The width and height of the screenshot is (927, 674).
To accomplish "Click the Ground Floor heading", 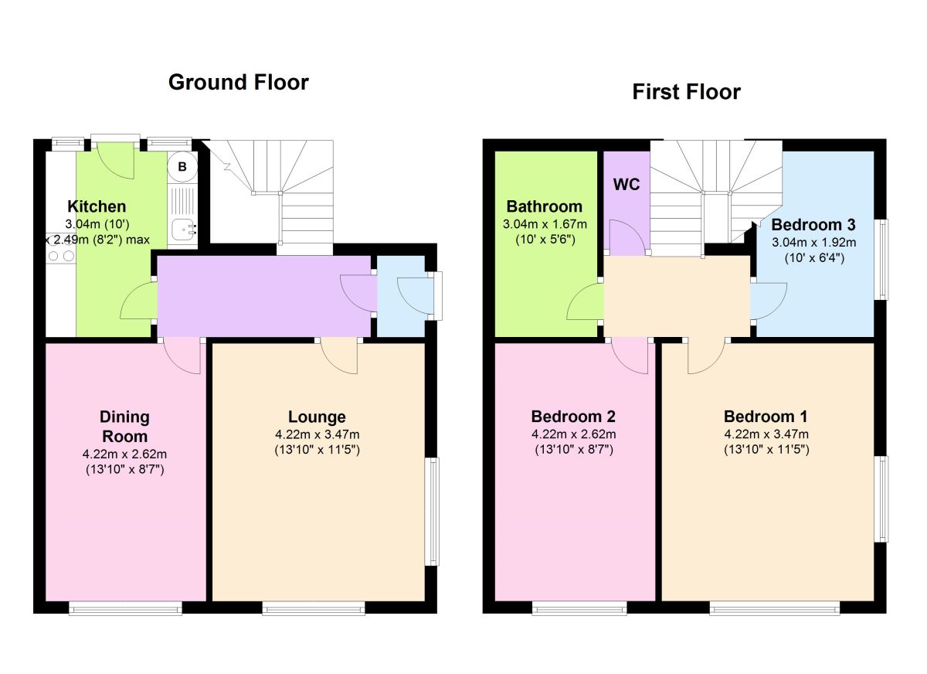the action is pos(239,82).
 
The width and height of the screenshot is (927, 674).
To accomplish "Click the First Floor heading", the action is pos(686,91).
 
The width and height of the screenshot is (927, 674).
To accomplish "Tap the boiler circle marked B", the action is pos(182,167).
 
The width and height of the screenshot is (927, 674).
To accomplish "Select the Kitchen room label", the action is pos(97,206).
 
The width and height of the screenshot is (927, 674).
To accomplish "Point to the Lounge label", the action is pos(317,417).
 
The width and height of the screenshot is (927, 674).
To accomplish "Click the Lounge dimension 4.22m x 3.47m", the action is pos(317,434).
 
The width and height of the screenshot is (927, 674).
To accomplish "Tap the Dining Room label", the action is pos(124,427).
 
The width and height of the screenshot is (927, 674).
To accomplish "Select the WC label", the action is pos(626,185).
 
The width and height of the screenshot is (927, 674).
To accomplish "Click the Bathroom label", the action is pos(545,206).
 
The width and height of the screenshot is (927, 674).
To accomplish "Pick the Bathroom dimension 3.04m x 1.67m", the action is pos(545,224).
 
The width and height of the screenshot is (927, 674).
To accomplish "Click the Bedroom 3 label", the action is pos(813,224).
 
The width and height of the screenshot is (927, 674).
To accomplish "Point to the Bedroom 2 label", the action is pos(573,417).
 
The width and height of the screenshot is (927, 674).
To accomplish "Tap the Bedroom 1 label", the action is pos(766,417).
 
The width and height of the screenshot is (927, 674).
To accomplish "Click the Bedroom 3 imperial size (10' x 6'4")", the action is pos(814,258).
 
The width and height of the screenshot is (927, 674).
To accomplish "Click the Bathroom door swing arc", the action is pos(579,296).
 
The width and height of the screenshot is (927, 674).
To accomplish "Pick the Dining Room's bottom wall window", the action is pos(125,608).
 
